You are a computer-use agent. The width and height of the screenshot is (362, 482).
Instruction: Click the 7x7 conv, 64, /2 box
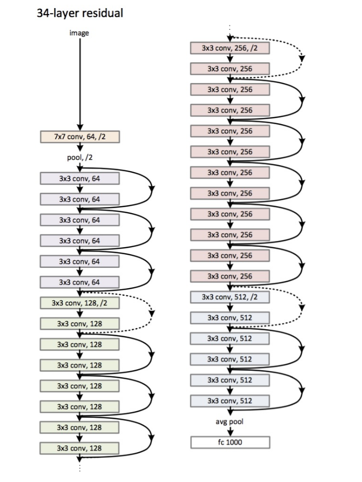[80, 137]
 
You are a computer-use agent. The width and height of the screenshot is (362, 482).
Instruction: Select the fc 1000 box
[230, 442]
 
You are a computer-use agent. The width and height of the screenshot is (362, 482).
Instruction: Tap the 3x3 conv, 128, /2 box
[80, 303]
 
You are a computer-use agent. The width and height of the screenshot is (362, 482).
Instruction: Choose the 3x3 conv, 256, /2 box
[230, 48]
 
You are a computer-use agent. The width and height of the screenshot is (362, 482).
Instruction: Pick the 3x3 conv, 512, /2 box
[230, 297]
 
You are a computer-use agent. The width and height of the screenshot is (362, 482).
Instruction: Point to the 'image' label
[79, 33]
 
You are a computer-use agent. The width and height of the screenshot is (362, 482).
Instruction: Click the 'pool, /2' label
[80, 157]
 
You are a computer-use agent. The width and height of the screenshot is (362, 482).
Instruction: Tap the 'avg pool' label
[230, 421]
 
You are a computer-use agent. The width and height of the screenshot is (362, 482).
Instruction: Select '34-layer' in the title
[55, 13]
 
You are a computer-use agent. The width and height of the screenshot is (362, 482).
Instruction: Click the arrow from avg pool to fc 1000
[230, 431]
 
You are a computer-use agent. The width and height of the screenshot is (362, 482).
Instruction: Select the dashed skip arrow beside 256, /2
[302, 57]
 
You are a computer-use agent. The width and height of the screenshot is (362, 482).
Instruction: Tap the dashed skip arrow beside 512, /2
[302, 306]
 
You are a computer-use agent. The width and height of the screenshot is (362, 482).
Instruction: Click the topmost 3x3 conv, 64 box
[80, 178]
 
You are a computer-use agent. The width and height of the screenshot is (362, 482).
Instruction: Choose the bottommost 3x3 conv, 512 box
[230, 401]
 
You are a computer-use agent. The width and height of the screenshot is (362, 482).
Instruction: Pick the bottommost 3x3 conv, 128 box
[80, 448]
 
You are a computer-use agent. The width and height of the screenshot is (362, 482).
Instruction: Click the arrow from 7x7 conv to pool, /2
[79, 147]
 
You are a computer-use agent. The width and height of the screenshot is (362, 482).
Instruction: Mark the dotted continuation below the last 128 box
[79, 465]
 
